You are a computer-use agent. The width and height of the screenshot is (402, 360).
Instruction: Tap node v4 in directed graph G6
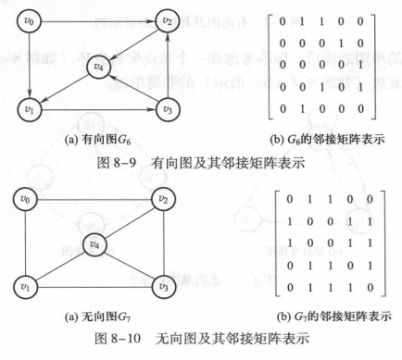coord(99,67)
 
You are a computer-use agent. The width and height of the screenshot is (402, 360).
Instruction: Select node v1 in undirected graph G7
coord(29,288)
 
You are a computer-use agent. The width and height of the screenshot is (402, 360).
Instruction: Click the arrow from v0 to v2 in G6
coord(97,18)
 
